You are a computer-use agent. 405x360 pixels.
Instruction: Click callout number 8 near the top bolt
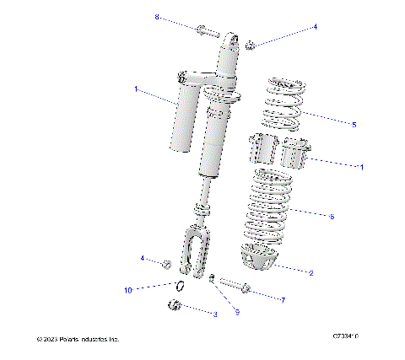point(157,17)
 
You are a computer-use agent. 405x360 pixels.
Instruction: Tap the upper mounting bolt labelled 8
point(208,33)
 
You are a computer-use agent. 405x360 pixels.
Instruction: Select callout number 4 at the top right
point(315,27)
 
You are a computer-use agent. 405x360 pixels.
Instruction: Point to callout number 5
point(354,124)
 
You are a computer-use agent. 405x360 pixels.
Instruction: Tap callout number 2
point(311,273)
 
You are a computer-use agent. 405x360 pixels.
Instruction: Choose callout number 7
point(283,299)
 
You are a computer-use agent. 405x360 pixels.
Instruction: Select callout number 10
point(128,291)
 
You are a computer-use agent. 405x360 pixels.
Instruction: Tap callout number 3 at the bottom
point(214,314)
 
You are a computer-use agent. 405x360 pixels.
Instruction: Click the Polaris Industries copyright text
point(78,339)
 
